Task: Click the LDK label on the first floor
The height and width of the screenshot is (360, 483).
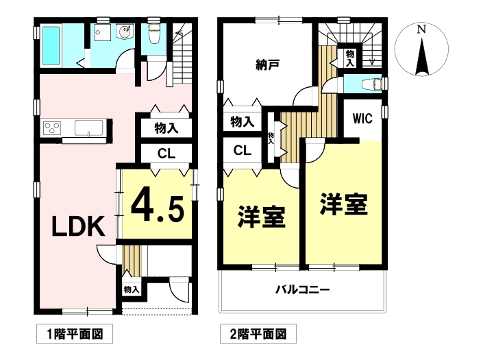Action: click(x=79, y=226)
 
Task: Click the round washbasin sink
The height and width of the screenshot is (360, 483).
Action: click(x=126, y=32)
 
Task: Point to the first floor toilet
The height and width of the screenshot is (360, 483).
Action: click(x=153, y=34)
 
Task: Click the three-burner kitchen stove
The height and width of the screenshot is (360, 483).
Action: click(x=52, y=128)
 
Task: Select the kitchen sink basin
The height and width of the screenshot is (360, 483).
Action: click(x=88, y=128)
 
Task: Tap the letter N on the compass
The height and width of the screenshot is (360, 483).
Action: click(x=421, y=29)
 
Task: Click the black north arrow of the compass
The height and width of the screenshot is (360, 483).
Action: click(x=422, y=56)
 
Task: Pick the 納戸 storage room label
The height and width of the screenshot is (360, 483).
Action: click(x=267, y=64)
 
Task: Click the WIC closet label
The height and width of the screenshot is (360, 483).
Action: click(x=362, y=119)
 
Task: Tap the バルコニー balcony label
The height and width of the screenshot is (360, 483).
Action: click(x=302, y=290)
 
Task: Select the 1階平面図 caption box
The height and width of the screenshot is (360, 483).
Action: click(x=75, y=334)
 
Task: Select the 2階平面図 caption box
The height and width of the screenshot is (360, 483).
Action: click(x=258, y=334)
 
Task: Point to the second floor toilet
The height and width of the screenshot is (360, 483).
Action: click(x=372, y=84)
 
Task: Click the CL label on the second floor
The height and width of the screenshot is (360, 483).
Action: click(x=243, y=150)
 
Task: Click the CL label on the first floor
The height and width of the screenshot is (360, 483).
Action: click(x=166, y=153)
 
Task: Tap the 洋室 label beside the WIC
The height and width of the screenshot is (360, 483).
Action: click(x=344, y=204)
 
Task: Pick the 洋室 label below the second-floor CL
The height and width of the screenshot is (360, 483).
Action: click(x=261, y=217)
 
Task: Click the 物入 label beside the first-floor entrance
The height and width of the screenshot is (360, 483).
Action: click(x=132, y=289)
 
